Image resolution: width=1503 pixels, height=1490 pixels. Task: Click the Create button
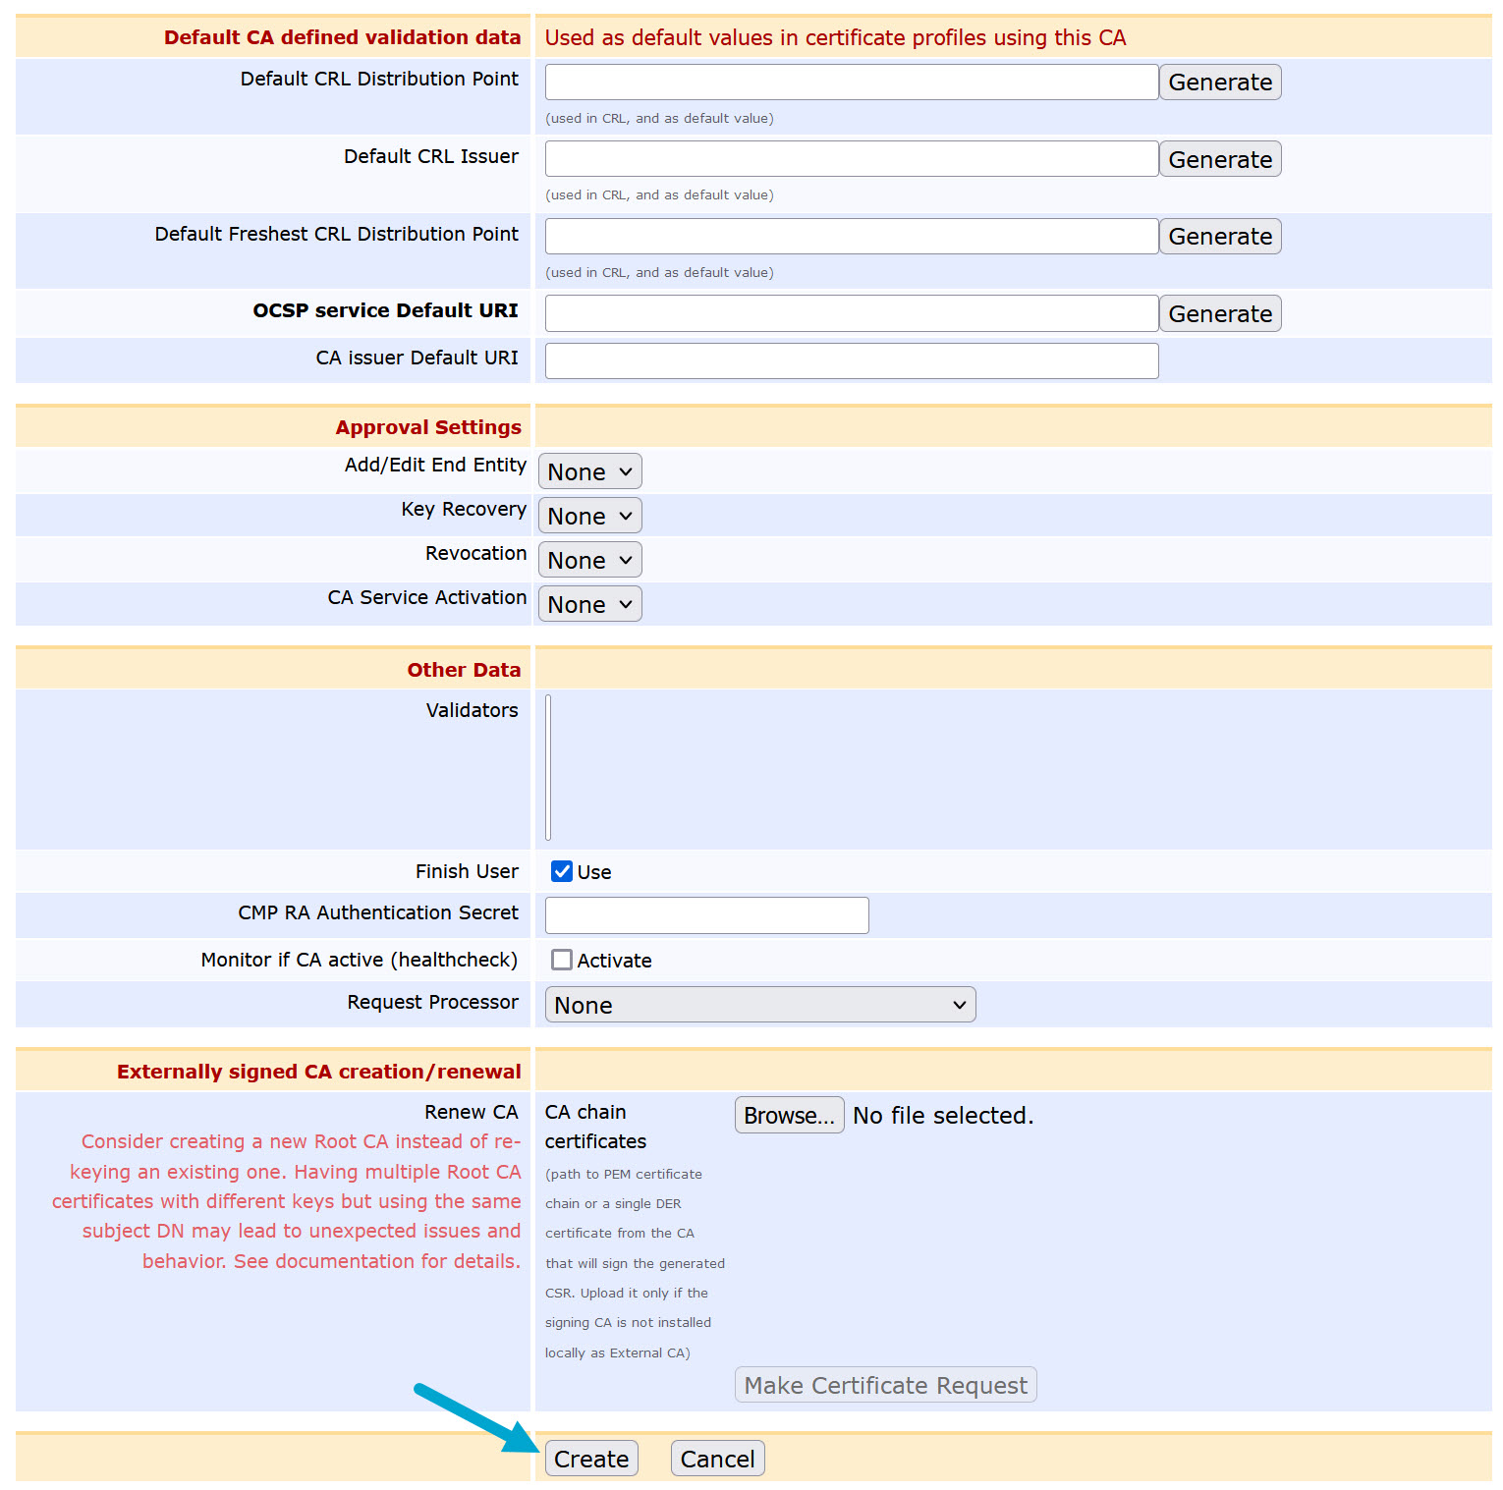pyautogui.click(x=591, y=1459)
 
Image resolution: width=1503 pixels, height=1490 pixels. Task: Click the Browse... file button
pyautogui.click(x=789, y=1115)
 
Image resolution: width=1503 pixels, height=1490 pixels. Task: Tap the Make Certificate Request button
pyautogui.click(x=885, y=1385)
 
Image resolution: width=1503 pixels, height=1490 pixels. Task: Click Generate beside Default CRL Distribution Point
pyautogui.click(x=1220, y=83)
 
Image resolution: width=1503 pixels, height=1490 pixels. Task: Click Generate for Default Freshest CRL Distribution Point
pyautogui.click(x=1220, y=237)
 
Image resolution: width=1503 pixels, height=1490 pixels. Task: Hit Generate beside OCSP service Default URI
pyautogui.click(x=1220, y=314)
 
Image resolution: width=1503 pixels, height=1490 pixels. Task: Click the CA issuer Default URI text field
pyautogui.click(x=851, y=360)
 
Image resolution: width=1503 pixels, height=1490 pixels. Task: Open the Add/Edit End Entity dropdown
pyautogui.click(x=589, y=471)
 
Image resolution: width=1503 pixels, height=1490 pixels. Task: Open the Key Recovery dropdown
pyautogui.click(x=589, y=516)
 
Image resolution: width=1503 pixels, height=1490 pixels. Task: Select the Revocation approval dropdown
pyautogui.click(x=589, y=560)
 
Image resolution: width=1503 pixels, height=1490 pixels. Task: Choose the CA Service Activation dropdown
pyautogui.click(x=589, y=604)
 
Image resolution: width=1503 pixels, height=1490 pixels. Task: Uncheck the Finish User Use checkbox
pyautogui.click(x=562, y=871)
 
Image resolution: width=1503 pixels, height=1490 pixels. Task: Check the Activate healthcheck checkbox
pyautogui.click(x=562, y=960)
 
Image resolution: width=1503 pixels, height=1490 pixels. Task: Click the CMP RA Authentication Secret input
pyautogui.click(x=706, y=915)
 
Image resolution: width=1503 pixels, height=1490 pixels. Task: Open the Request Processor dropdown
pyautogui.click(x=759, y=1005)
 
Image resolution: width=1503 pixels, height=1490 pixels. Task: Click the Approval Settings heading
pyautogui.click(x=428, y=427)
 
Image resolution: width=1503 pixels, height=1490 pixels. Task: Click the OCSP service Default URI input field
pyautogui.click(x=851, y=313)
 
